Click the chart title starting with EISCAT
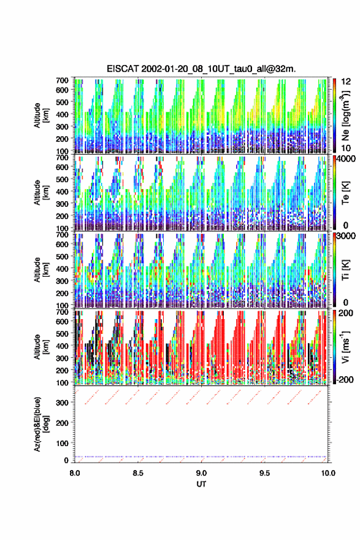coord(201,69)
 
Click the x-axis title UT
coord(201,484)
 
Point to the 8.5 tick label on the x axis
coord(138,473)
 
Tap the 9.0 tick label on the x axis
coord(201,473)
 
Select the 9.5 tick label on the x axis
coord(265,473)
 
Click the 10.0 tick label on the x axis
coord(328,473)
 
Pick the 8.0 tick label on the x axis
coord(75,473)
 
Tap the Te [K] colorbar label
coord(345,192)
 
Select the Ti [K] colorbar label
coord(345,269)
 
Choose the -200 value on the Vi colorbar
coord(345,379)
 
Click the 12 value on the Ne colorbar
coord(347,82)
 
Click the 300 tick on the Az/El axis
coord(63,403)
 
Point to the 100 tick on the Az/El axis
coord(63,443)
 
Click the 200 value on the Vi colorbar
coord(347,314)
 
